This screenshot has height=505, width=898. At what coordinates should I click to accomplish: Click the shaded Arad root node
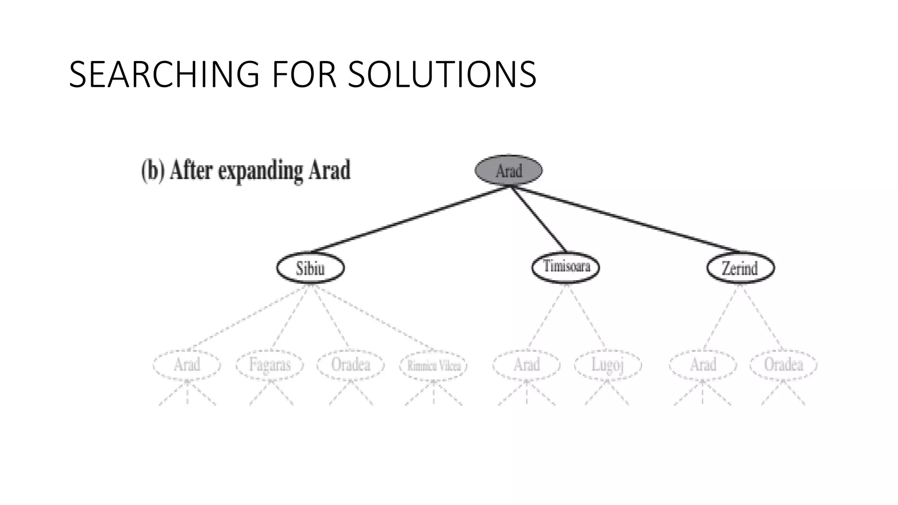pos(509,170)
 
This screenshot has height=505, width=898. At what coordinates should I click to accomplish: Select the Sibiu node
pos(310,267)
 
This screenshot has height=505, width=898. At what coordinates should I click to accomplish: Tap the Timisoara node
pos(566,267)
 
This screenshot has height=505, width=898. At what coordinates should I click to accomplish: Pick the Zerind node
pos(740,267)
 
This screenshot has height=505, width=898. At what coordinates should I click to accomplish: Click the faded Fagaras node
pos(270,364)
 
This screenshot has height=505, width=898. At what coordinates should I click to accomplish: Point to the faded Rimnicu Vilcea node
pos(433,365)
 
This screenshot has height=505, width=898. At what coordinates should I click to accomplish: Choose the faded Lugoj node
pos(608,364)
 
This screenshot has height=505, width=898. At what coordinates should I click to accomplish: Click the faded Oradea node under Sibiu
pos(350,364)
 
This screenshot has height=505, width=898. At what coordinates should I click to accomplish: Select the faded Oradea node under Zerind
pos(783,364)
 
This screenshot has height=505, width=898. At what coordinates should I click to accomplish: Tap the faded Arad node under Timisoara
pos(526,364)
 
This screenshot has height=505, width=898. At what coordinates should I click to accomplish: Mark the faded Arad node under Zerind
pos(703,364)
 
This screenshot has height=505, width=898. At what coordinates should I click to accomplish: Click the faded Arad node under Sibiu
pos(187,364)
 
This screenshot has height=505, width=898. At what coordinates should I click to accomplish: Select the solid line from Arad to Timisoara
pos(538,219)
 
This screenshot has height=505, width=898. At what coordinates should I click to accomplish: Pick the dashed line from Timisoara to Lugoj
pos(586,316)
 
